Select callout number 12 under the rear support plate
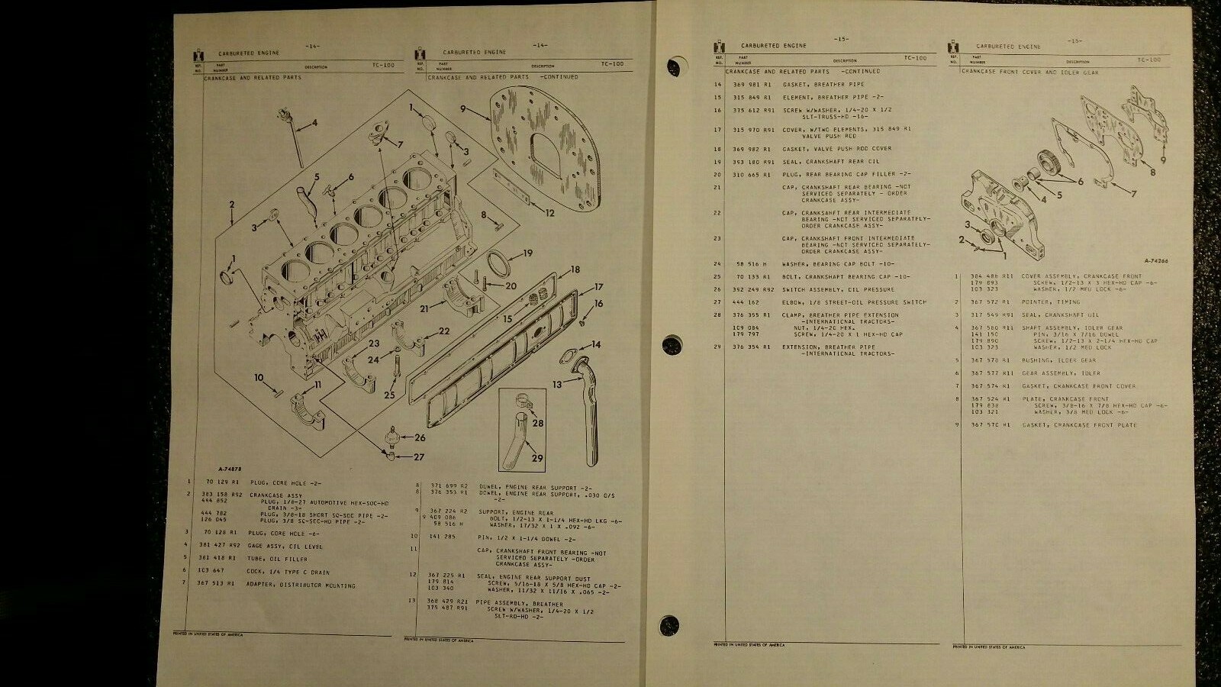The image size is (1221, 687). pos(550,213)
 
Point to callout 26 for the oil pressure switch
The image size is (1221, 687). pos(420,437)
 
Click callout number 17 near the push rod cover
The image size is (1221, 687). pos(600,287)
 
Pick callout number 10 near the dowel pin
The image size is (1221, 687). pos(259,377)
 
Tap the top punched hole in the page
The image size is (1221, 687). pos(674,65)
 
